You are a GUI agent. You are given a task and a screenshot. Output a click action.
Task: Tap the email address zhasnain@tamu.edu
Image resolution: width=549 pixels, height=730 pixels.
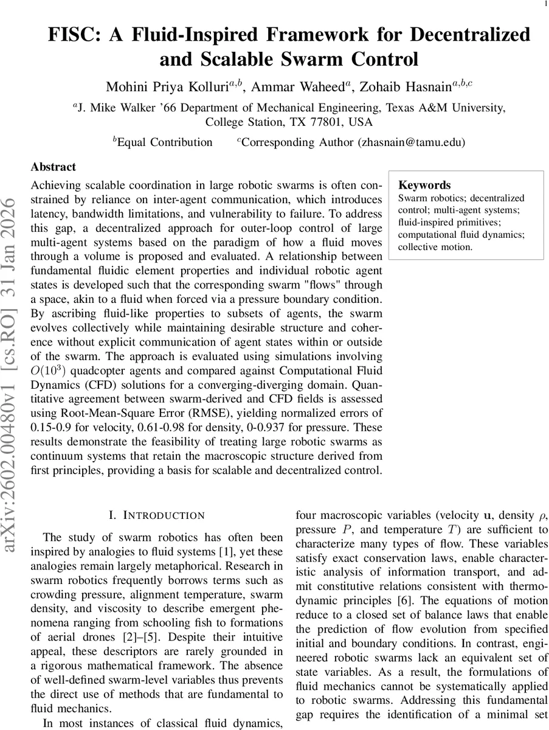[x=410, y=142]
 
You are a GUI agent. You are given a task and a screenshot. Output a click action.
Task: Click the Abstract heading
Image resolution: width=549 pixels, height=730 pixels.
[x=54, y=167]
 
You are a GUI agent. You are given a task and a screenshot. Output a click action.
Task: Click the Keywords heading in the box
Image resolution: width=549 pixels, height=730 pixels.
[x=424, y=185]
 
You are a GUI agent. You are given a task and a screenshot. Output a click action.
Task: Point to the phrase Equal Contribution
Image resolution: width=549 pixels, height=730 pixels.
[x=164, y=142]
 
